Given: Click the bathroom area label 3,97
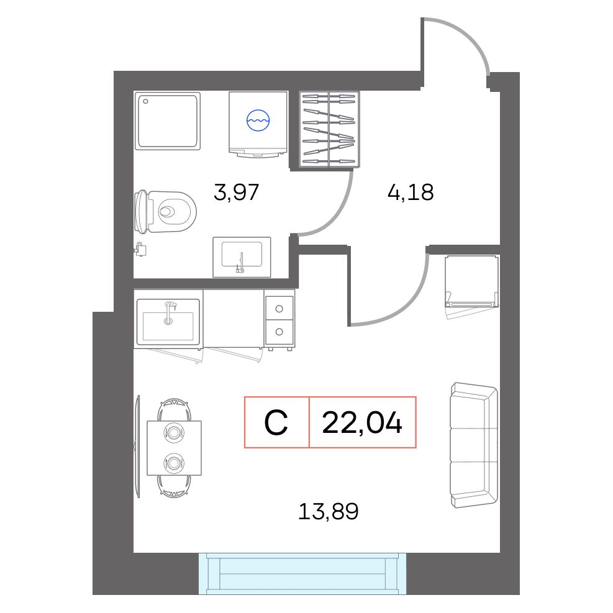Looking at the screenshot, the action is pyautogui.click(x=236, y=192).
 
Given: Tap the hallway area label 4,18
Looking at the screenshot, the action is pyautogui.click(x=411, y=193).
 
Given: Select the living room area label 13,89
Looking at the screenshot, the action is pyautogui.click(x=329, y=511).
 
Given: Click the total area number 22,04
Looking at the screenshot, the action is pyautogui.click(x=362, y=422).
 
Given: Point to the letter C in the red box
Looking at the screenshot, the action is pyautogui.click(x=276, y=422).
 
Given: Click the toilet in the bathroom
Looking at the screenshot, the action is pyautogui.click(x=165, y=212).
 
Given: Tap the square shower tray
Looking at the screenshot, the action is pyautogui.click(x=168, y=121).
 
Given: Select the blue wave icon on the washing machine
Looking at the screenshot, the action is pyautogui.click(x=258, y=120).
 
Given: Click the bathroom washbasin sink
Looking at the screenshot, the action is pyautogui.click(x=242, y=257).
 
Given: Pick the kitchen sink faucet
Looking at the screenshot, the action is pyautogui.click(x=169, y=313).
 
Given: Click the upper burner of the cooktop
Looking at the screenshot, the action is pyautogui.click(x=279, y=309).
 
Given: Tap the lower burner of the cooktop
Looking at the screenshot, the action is pyautogui.click(x=279, y=332).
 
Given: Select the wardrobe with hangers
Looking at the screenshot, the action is pyautogui.click(x=329, y=129).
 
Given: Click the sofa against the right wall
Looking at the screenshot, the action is pyautogui.click(x=475, y=445).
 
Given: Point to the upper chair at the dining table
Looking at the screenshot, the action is pyautogui.click(x=175, y=409).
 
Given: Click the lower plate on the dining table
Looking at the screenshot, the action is pyautogui.click(x=174, y=463).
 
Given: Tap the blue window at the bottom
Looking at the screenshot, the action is pyautogui.click(x=302, y=573).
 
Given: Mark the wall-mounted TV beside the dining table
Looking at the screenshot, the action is pyautogui.click(x=137, y=446).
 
